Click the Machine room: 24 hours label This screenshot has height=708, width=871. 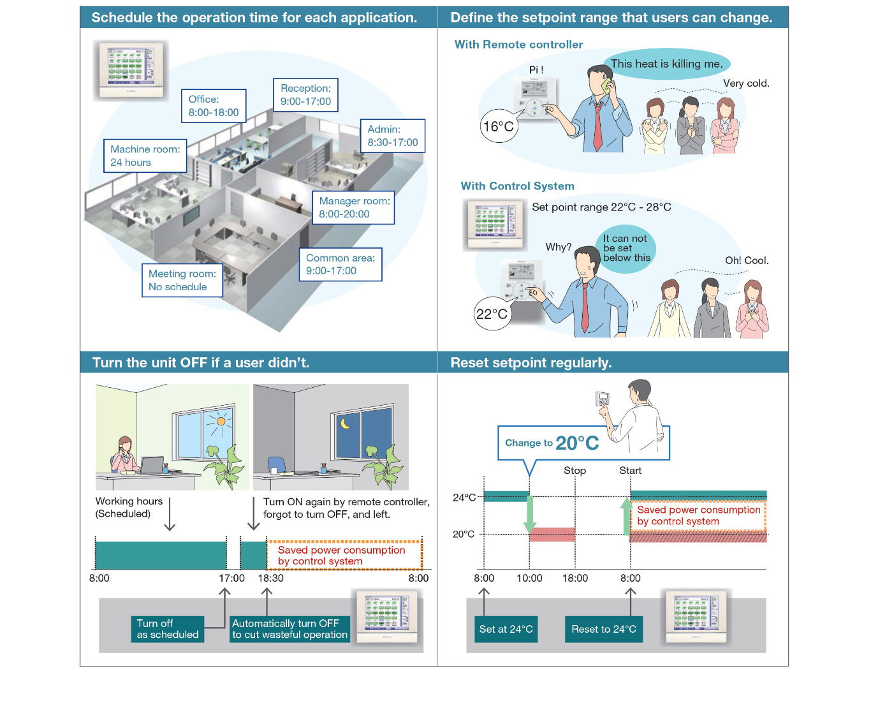click(145, 156)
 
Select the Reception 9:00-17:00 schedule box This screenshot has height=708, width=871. click(305, 95)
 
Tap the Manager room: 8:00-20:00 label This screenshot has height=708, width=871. click(353, 207)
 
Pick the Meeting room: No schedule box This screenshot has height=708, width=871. click(182, 280)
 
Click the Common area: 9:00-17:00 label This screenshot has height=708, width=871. click(340, 264)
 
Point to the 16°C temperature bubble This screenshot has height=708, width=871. click(498, 126)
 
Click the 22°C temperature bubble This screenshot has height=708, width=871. click(492, 314)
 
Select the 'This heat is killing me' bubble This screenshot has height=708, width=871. click(666, 64)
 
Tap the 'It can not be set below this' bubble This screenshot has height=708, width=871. click(626, 248)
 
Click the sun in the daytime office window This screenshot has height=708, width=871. click(221, 421)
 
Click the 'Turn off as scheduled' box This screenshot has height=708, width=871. click(168, 629)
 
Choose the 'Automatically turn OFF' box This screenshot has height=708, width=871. click(289, 629)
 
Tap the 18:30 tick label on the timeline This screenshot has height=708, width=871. click(270, 578)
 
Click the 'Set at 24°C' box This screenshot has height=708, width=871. click(506, 629)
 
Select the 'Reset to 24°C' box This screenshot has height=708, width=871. click(603, 629)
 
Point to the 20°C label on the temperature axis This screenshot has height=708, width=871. click(464, 534)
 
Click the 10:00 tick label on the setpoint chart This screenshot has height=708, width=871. click(529, 578)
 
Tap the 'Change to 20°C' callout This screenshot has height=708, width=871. click(552, 443)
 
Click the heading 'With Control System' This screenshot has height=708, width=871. click(517, 186)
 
